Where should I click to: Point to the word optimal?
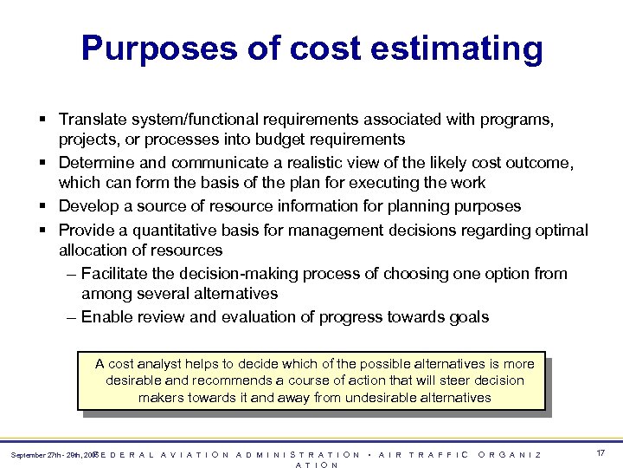click(x=561, y=230)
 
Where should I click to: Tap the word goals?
click(x=467, y=317)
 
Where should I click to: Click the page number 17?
click(x=601, y=453)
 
